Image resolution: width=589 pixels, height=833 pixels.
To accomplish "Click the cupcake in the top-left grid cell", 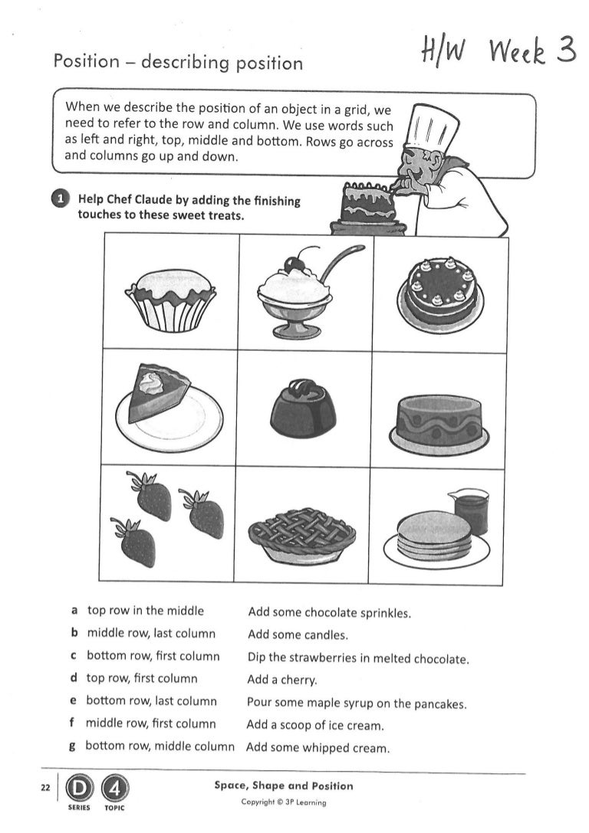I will coord(170,299).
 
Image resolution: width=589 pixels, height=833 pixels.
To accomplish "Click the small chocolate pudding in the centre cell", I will coord(304,407).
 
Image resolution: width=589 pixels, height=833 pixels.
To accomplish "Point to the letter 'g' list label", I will coord(72,746).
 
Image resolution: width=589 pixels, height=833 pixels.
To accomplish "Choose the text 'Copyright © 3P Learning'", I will coord(284,802).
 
